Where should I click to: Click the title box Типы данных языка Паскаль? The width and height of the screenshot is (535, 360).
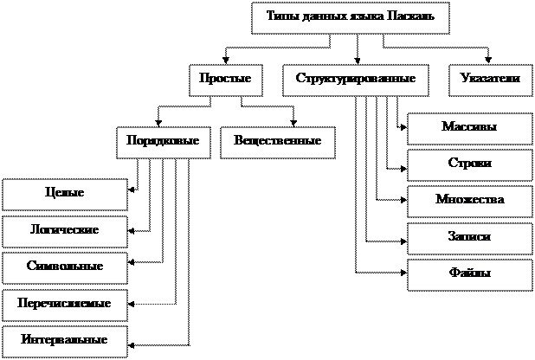pos(350,17)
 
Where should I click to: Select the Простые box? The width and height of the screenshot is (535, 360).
pos(225,80)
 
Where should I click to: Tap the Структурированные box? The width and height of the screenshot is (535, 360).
pos(356,80)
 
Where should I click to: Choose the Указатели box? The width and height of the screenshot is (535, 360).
pos(491,80)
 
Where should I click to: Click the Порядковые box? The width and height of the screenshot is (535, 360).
pos(163,141)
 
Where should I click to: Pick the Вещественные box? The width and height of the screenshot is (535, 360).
pos(277,141)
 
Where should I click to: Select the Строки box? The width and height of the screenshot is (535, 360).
pos(469,164)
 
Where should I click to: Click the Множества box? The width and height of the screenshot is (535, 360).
pos(469,201)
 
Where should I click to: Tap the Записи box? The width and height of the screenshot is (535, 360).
pos(469,237)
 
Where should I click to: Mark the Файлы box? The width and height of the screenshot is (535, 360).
pos(469,274)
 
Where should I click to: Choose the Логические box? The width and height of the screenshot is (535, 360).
pos(64,231)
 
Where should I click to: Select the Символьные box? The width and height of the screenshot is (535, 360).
pos(64,267)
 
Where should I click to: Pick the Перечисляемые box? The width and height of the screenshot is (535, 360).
pos(64,305)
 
